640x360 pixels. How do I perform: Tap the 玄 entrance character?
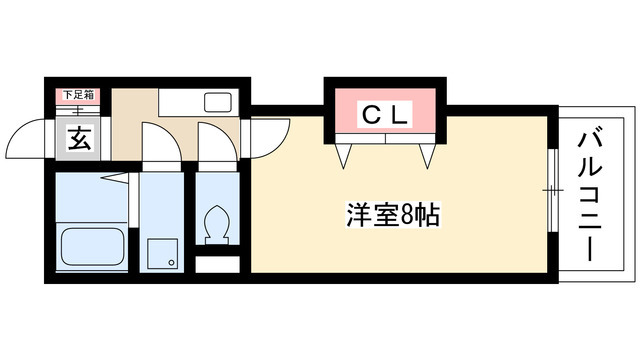click(x=79, y=139)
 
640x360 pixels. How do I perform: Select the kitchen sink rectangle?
click(x=216, y=101)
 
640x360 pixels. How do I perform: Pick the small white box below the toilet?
click(x=217, y=266)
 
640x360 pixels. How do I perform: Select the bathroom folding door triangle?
click(x=114, y=178)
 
